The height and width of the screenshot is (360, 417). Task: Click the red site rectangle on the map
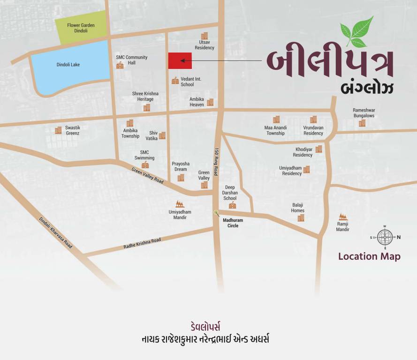click(x=180, y=60)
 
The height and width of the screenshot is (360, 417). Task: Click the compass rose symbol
click(x=385, y=237)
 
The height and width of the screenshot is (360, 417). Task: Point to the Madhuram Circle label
click(x=230, y=223)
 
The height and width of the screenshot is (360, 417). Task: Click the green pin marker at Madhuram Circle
click(x=216, y=213)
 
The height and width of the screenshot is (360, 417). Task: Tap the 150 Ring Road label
click(x=217, y=162)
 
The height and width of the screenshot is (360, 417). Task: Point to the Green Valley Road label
click(x=147, y=175)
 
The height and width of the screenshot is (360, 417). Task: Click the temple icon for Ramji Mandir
click(x=343, y=217)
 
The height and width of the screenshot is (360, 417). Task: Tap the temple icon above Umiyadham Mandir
click(x=180, y=204)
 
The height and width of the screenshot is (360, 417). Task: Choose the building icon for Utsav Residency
click(x=205, y=36)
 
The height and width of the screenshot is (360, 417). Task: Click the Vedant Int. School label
click(x=190, y=82)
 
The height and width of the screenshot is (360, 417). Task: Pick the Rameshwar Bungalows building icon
click(x=362, y=123)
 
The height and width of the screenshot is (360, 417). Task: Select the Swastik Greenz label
click(x=72, y=130)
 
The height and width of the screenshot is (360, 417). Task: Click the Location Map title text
click(x=369, y=256)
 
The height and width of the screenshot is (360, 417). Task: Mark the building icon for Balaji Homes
click(x=301, y=218)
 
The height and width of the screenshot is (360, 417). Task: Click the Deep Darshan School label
click(x=230, y=193)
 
